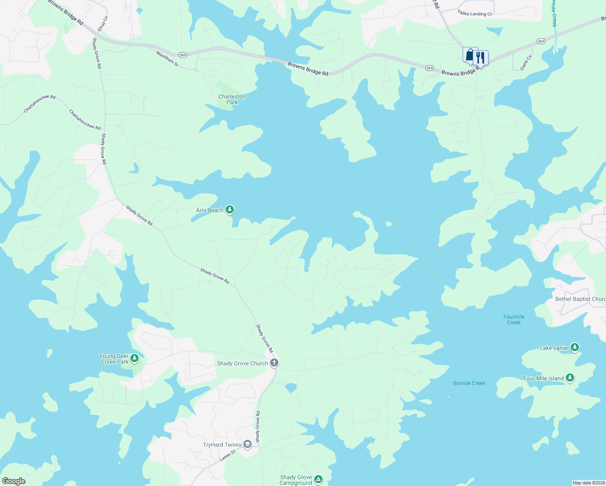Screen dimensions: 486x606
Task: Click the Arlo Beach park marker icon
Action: pyautogui.click(x=230, y=210)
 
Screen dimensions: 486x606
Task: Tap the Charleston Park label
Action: pyautogui.click(x=232, y=99)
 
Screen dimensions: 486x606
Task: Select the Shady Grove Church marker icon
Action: pyautogui.click(x=274, y=363)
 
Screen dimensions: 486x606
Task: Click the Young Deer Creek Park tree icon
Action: pyautogui.click(x=134, y=358)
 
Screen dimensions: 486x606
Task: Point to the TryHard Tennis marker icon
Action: pyautogui.click(x=248, y=444)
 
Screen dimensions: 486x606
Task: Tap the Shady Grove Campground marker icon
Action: pyautogui.click(x=318, y=480)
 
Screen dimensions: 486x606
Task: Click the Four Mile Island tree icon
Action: pyautogui.click(x=570, y=378)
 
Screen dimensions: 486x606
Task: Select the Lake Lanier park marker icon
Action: pyautogui.click(x=575, y=347)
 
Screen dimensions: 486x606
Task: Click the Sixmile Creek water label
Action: pyautogui.click(x=469, y=383)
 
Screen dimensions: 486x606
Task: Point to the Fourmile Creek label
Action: pyautogui.click(x=514, y=320)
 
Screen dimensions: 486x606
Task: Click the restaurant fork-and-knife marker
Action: pyautogui.click(x=480, y=58)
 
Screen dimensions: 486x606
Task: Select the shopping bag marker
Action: pyautogui.click(x=470, y=55)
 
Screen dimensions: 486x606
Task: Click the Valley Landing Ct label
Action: pyautogui.click(x=475, y=14)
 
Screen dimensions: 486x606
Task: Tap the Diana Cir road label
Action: pyautogui.click(x=526, y=63)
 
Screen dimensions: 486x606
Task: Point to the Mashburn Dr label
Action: pyautogui.click(x=167, y=58)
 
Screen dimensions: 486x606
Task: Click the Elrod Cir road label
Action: pyautogui.click(x=103, y=24)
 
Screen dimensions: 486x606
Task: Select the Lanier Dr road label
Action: pyautogui.click(x=227, y=456)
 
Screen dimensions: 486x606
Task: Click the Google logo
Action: pyautogui.click(x=14, y=481)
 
